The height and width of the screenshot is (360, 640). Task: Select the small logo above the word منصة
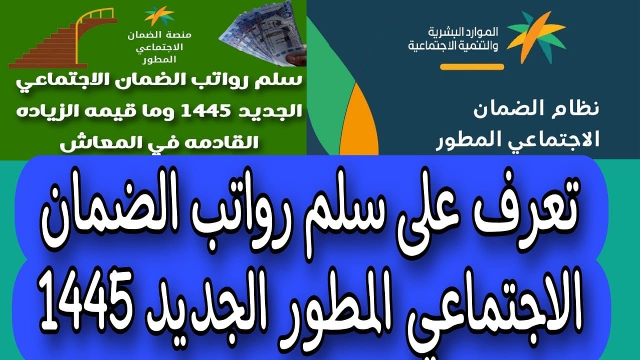coord(159,15)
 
